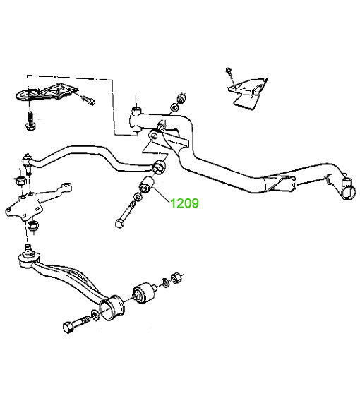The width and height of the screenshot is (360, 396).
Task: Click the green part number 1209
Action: click(185, 203)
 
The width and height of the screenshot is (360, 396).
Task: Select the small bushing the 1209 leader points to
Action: click(147, 185)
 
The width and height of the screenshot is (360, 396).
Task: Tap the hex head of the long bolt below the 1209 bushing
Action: click(119, 224)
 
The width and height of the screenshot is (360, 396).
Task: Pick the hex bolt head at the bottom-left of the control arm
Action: click(68, 328)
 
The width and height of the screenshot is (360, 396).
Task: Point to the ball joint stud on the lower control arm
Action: click(28, 249)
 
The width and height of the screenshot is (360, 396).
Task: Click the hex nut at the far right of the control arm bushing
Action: click(175, 278)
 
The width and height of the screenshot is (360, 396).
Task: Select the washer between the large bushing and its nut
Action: click(164, 282)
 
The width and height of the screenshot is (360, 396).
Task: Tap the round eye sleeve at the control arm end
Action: click(112, 307)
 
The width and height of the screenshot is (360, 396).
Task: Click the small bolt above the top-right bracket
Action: click(229, 71)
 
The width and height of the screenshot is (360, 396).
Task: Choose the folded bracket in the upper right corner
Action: click(248, 93)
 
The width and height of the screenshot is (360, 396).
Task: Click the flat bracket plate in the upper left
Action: click(46, 92)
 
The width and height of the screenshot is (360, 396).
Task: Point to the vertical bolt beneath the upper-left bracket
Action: click(31, 120)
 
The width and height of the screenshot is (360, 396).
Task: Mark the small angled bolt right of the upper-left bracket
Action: click(89, 100)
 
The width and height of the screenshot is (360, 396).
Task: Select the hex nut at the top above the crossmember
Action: click(181, 98)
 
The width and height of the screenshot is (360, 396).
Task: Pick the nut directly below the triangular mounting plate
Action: click(32, 225)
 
